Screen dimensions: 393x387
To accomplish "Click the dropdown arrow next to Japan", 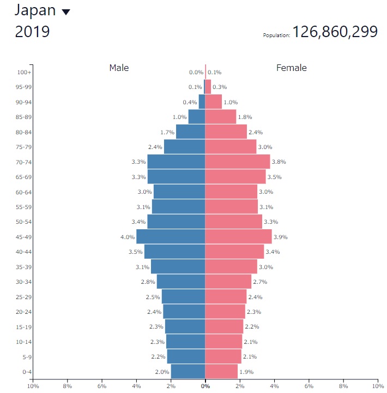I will (x=66, y=12).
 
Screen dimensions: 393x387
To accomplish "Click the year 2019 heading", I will (x=32, y=32).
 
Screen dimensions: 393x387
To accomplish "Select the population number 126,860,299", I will (x=335, y=32).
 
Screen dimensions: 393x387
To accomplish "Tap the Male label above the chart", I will (x=119, y=68).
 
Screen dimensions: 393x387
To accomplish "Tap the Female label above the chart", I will (x=292, y=68).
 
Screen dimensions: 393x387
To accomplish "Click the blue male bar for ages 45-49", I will (x=171, y=236).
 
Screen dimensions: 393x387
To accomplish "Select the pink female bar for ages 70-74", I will (x=238, y=162).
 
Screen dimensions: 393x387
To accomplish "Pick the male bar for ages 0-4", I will (x=188, y=371).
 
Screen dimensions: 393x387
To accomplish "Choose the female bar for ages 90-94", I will (x=214, y=102).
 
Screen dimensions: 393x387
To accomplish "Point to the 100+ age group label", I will (x=24, y=72).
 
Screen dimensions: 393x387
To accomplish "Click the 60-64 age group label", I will (x=23, y=192).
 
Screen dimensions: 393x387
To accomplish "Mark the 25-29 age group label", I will (x=23, y=296).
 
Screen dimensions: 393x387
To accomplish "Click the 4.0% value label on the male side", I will (x=127, y=237).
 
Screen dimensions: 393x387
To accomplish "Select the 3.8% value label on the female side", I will (x=279, y=162).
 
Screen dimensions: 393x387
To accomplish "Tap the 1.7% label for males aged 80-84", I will (x=167, y=132).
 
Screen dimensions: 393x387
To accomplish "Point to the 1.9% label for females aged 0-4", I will (x=246, y=372).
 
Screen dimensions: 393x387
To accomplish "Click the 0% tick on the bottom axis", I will (x=205, y=386).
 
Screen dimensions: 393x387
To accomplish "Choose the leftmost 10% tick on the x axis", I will (x=33, y=386).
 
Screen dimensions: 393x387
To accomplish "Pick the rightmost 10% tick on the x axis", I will (x=377, y=386).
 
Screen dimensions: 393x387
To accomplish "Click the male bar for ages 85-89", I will (x=197, y=117).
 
